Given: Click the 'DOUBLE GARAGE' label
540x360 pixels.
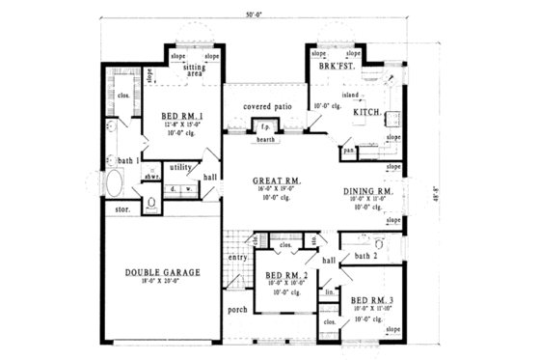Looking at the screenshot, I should tap(162, 272).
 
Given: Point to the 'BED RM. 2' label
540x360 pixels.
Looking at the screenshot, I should tap(285, 275).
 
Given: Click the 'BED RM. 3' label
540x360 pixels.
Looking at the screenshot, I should tap(371, 301).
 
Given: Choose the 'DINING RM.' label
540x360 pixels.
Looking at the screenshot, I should tap(368, 192).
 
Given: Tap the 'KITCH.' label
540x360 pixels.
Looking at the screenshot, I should tap(367, 113).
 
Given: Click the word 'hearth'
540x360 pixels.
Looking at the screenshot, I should tap(265, 140).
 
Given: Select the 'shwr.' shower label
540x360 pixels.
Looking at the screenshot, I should tap(151, 176).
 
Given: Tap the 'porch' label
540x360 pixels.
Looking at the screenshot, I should tap(238, 310).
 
